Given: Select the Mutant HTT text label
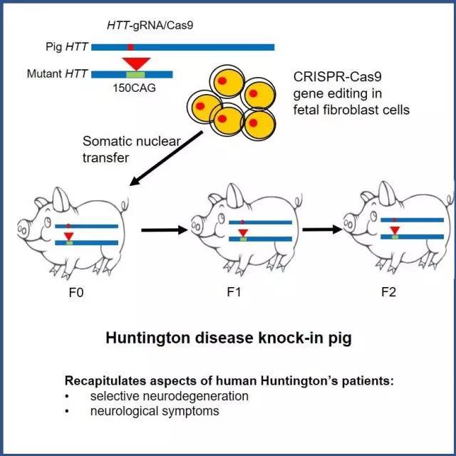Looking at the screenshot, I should [58, 73].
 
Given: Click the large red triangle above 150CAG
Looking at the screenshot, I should [134, 62].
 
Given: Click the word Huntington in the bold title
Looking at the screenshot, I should [145, 337].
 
